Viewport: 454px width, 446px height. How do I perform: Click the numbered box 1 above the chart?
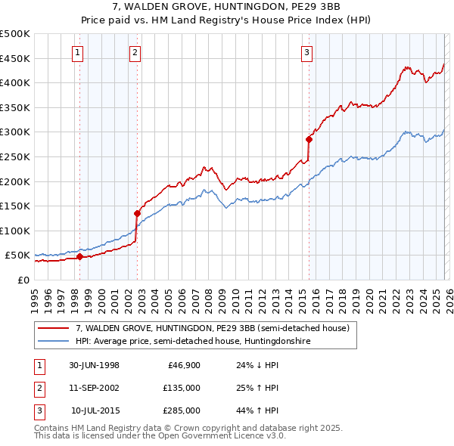coord(79,52)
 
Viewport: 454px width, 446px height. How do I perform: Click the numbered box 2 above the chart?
coord(134,52)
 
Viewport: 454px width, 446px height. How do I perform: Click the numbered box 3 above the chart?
coord(306,52)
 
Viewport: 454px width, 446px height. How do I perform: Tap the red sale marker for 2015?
coord(309,139)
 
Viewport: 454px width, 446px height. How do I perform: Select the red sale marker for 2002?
coord(137,213)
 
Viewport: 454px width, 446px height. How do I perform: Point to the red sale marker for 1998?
coord(80,256)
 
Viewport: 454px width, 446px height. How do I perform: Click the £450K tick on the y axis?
coord(15,58)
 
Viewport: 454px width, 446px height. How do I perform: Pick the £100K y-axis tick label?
coord(15,231)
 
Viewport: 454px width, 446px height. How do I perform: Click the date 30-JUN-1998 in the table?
coord(94,365)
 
